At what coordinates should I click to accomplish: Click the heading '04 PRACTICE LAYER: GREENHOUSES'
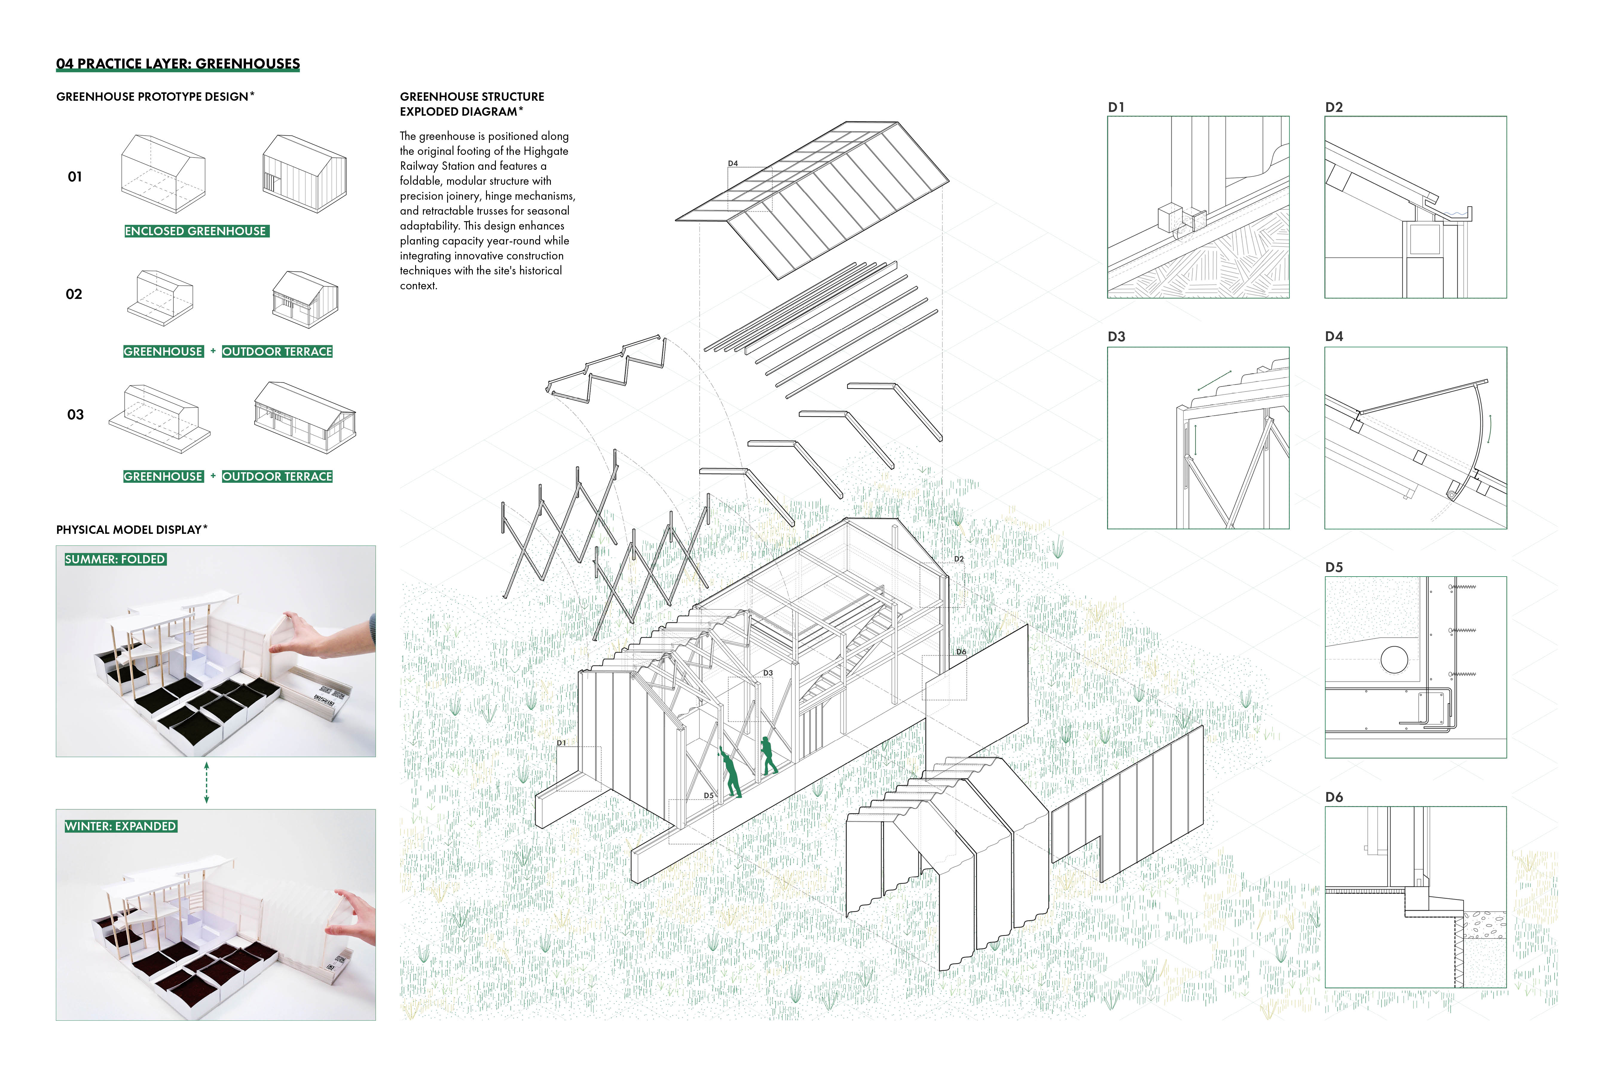tap(178, 64)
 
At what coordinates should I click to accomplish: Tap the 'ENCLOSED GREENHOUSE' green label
tap(195, 231)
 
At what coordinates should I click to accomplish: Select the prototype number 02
tap(74, 294)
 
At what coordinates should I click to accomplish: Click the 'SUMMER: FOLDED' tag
tap(115, 559)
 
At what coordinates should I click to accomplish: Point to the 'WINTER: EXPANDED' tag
tap(121, 826)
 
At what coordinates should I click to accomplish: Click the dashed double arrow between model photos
tap(207, 782)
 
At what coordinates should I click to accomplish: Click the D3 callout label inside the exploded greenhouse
tap(768, 673)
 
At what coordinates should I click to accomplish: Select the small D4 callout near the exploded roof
tap(733, 163)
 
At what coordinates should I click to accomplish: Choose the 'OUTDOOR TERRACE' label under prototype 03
tap(277, 476)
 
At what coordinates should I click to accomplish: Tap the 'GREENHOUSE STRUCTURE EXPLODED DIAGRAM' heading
tap(472, 104)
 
